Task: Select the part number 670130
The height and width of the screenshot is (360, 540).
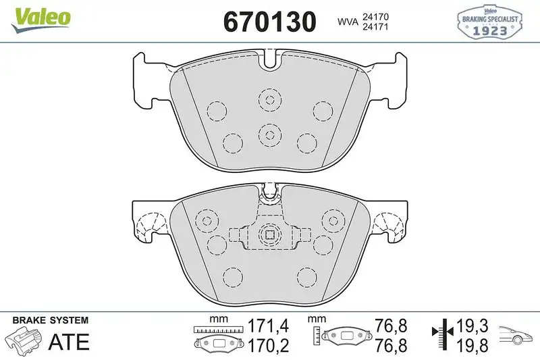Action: [269, 22]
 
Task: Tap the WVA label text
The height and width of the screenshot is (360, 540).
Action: [348, 22]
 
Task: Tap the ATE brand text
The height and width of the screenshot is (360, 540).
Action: [68, 342]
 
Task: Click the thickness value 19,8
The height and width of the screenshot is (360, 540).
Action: [472, 346]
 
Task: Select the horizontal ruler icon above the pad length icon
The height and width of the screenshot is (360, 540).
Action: [217, 330]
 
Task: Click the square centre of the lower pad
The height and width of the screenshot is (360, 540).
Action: [269, 235]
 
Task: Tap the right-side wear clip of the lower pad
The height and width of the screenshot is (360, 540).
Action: [389, 226]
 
